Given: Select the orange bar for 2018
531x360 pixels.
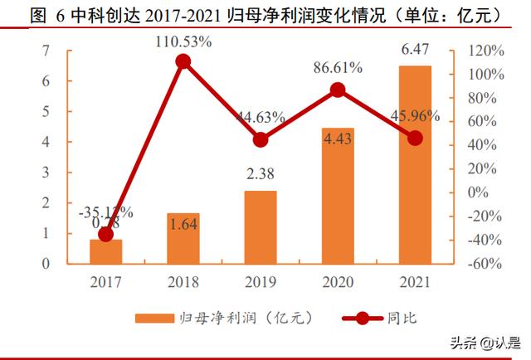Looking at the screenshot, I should point(183,239).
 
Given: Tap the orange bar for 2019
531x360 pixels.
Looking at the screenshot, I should point(261,227).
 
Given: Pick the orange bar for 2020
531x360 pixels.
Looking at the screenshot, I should point(338,197).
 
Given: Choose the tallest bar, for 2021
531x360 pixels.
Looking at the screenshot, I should point(415,165).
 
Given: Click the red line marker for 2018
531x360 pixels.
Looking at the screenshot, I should point(183,61).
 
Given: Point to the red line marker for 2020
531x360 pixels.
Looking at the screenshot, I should point(338,90).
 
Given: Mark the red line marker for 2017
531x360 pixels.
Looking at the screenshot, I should point(106,234).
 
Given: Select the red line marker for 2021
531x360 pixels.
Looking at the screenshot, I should point(415,138).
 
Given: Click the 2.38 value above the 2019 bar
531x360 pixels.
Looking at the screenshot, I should point(261,176).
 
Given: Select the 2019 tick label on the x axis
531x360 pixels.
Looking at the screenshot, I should point(261,281).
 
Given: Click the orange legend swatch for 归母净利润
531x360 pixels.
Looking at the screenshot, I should point(153,318).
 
